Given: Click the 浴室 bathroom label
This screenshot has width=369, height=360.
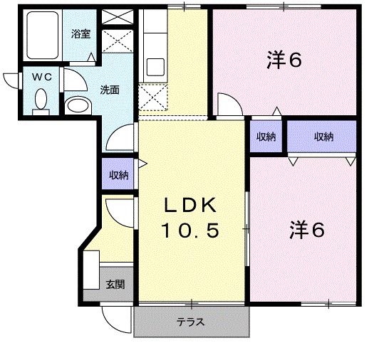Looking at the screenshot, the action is click(80, 34).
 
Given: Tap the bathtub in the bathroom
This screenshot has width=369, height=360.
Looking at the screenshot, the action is click(43, 35).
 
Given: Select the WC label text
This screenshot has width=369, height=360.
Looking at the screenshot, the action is click(42, 77).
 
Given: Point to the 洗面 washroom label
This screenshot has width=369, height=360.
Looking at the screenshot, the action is click(109, 90).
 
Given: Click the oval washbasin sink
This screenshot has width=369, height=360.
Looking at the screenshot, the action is click(78, 105).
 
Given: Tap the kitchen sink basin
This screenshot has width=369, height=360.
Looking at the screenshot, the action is click(155, 67).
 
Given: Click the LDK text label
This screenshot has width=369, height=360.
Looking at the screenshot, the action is click(190, 205).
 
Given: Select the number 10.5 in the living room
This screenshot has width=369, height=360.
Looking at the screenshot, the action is click(190, 231).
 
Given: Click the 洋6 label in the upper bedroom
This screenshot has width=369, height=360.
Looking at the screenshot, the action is click(284, 60).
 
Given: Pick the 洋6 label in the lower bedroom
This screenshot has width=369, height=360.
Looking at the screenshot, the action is click(307, 230).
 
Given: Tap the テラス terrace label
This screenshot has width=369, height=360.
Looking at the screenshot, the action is click(190, 322).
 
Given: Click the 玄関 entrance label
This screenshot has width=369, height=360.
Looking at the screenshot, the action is click(115, 284).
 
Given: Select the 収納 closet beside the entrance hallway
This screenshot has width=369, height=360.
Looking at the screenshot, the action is click(118, 174).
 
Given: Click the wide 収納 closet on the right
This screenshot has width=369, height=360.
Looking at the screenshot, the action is click(322, 137).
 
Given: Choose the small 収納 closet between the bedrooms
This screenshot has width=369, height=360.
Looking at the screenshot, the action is click(266, 137).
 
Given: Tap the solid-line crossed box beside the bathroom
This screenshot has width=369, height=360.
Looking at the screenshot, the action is click(118, 16).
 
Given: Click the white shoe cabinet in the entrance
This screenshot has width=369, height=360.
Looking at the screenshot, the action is click(91, 270).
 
